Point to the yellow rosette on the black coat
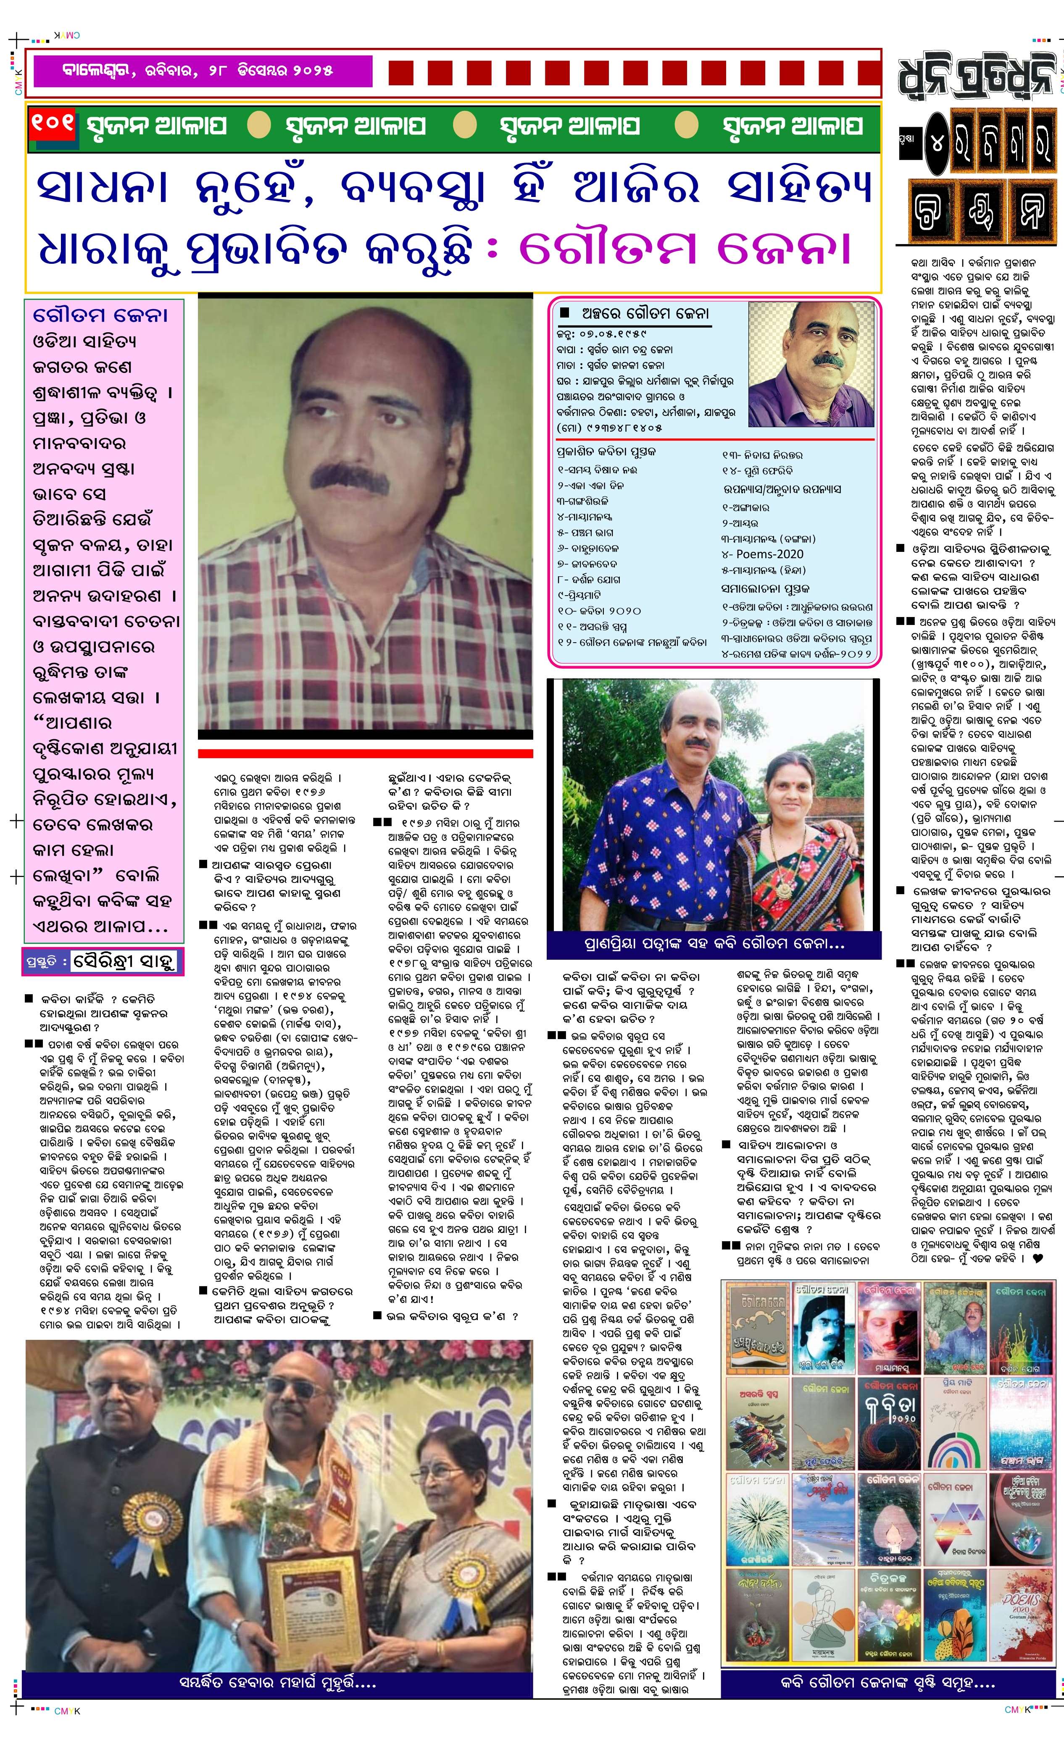click(x=145, y=1516)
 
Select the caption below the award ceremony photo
click(x=277, y=1683)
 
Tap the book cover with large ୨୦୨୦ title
click(x=890, y=1419)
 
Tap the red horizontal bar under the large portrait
click(x=365, y=753)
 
